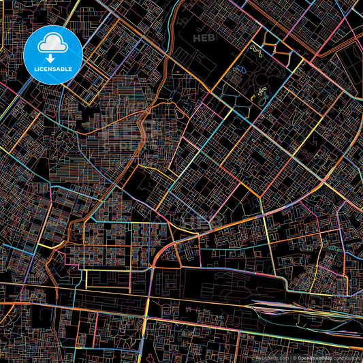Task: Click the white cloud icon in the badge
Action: pyautogui.click(x=52, y=44)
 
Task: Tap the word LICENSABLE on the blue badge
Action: pyautogui.click(x=52, y=69)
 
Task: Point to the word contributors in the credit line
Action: pyautogui.click(x=346, y=358)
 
